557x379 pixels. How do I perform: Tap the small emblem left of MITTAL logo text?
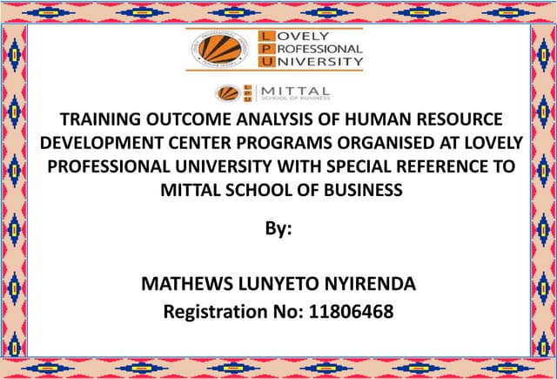coord(229,91)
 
